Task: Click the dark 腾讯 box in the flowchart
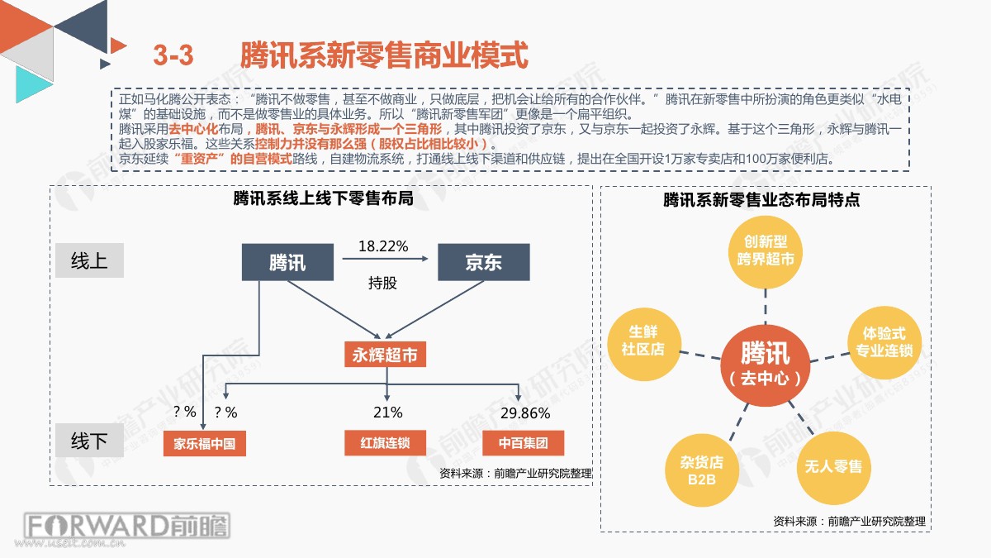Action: [x=287, y=262]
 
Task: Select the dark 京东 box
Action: [x=484, y=262]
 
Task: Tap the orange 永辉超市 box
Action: [x=385, y=355]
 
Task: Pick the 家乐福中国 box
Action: [x=205, y=443]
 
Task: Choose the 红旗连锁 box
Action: [x=385, y=443]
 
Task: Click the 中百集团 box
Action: [x=523, y=443]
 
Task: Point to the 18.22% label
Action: [x=383, y=246]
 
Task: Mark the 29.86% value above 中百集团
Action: [x=525, y=413]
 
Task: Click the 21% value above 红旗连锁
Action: [x=387, y=413]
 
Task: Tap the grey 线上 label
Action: [x=89, y=260]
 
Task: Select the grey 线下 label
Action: [x=89, y=441]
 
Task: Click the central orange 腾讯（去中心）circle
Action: [x=766, y=365]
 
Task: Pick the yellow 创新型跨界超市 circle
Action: [x=766, y=252]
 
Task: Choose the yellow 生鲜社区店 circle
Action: [x=643, y=344]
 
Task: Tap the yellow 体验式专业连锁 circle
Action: [x=884, y=342]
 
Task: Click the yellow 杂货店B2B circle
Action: [x=702, y=470]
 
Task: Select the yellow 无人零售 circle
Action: [x=833, y=468]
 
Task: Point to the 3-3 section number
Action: [x=173, y=55]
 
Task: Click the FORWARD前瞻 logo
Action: [x=127, y=526]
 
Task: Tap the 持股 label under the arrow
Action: [x=382, y=283]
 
